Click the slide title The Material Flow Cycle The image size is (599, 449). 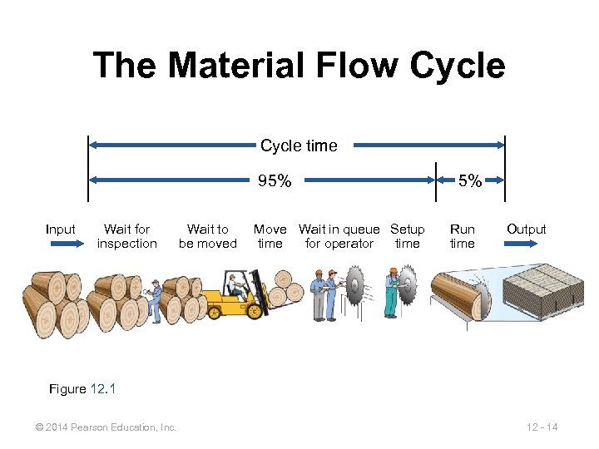coord(299,65)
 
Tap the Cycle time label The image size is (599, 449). coord(299,146)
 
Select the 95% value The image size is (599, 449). coord(275,181)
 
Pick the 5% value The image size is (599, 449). coord(471,181)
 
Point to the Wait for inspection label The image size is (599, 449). coord(126,236)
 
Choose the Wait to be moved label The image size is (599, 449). coord(207,236)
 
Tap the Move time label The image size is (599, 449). coord(270,236)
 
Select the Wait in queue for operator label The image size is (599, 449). coord(339,236)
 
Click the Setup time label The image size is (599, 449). coord(407,236)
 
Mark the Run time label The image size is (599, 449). coord(462,236)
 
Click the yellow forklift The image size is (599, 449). coord(233,299)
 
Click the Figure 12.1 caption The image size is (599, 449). coord(82,388)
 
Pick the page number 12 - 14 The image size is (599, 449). coord(542,427)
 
